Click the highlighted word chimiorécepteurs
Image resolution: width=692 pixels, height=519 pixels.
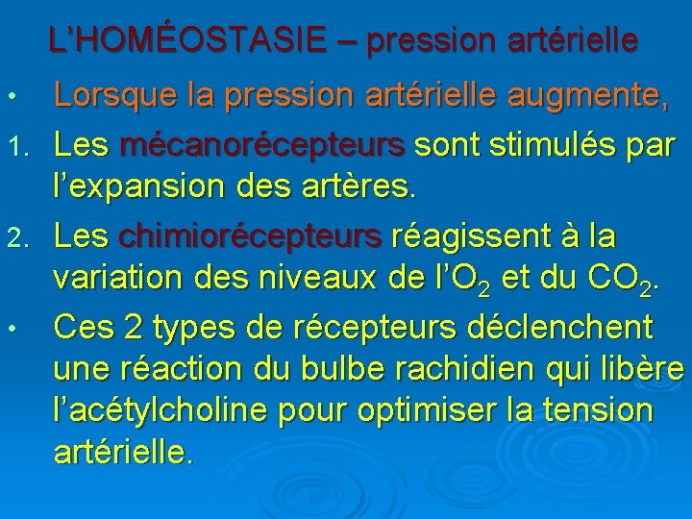250,235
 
